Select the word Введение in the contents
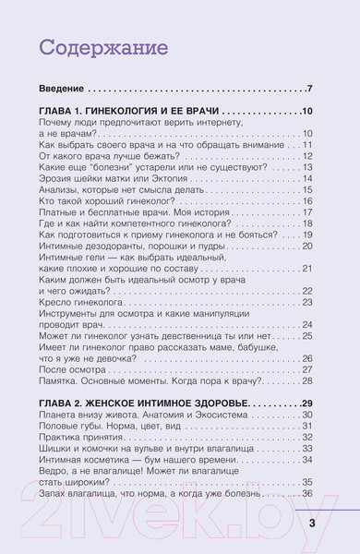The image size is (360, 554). (x=62, y=90)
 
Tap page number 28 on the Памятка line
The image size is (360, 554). (x=307, y=355)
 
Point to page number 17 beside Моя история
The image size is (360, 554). (x=307, y=213)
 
